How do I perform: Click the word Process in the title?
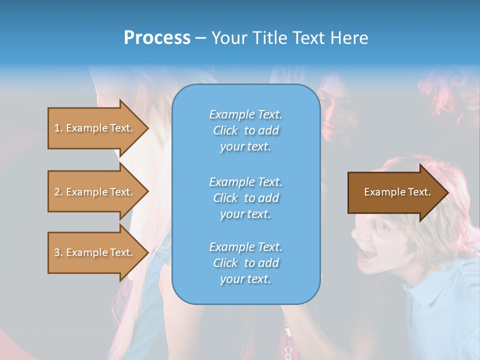[157, 38]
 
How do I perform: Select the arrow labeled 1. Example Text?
[95, 128]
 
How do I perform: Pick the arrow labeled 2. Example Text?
[95, 192]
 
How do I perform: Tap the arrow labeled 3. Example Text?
[95, 252]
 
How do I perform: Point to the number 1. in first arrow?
[58, 128]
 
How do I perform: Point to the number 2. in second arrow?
[58, 192]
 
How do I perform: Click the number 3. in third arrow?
[58, 252]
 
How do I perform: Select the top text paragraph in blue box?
[245, 130]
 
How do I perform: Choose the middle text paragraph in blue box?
[245, 198]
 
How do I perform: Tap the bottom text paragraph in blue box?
[245, 263]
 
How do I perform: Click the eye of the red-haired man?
[383, 225]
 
